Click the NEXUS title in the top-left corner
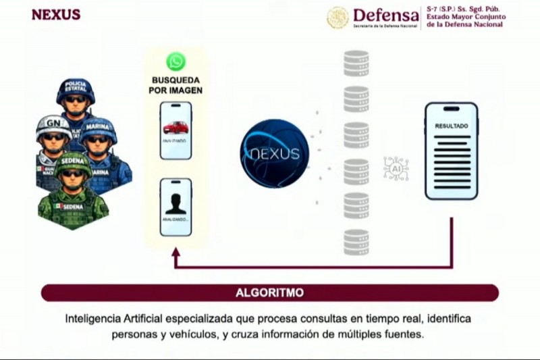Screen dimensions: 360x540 coord(55,15)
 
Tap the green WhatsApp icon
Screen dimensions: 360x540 coord(175,62)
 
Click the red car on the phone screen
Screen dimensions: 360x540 coord(175,127)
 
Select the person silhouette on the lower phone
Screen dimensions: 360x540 coord(175,203)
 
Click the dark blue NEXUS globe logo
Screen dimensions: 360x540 coord(274,153)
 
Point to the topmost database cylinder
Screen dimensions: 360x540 coord(356,63)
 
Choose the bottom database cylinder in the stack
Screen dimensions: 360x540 coord(356,242)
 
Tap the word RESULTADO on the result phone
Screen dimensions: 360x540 coord(451,126)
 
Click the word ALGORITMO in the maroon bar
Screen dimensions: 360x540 coord(269,292)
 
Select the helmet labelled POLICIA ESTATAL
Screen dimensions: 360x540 coord(76,91)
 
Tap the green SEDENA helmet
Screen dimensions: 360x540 coord(72,163)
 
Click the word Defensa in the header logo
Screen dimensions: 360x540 coord(385,15)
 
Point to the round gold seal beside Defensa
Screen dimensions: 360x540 coord(338,18)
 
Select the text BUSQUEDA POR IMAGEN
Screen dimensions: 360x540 coord(175,85)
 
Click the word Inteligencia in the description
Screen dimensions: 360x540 coord(94,318)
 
